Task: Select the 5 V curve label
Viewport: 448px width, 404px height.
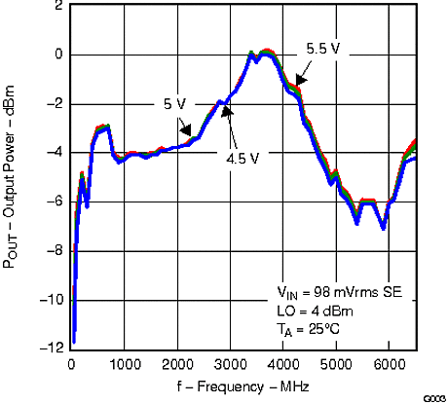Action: [x=175, y=103]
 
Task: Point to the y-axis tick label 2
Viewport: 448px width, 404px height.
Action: [x=58, y=6]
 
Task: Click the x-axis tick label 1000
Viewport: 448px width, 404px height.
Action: [x=125, y=363]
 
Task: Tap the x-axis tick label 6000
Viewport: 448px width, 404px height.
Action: [x=389, y=363]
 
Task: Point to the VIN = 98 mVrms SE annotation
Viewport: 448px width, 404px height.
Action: [x=344, y=293]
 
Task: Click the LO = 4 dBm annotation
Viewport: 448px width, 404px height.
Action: [x=315, y=311]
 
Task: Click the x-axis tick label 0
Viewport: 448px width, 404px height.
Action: [x=71, y=363]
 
